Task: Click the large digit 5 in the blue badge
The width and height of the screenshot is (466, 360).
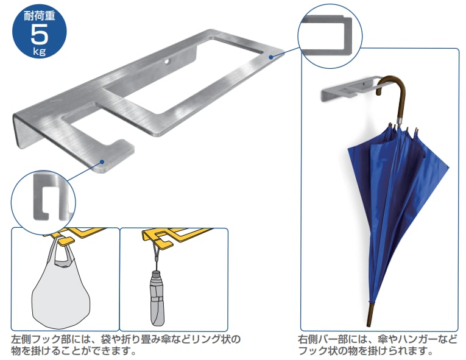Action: point(35,33)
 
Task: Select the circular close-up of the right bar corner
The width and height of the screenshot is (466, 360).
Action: point(329,33)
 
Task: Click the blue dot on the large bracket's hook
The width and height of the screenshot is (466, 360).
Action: point(102,162)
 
